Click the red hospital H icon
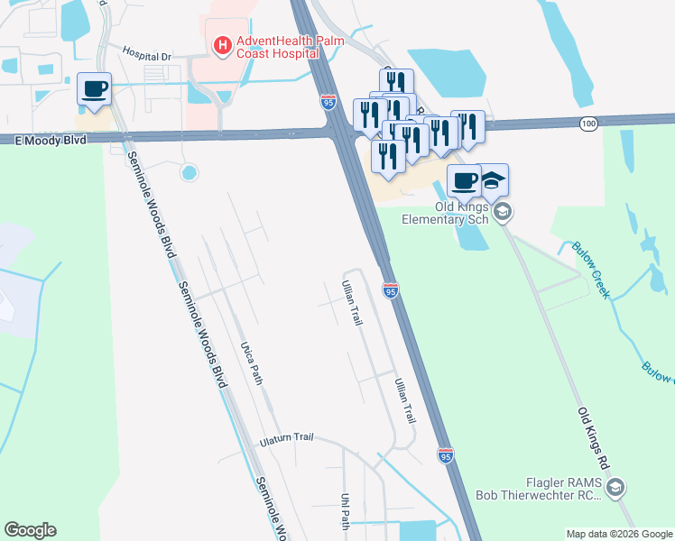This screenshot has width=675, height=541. (220, 44)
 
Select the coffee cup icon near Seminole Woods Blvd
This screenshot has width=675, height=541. (94, 88)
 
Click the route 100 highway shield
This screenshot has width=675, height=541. (588, 123)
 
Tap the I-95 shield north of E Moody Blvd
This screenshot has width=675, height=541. (328, 102)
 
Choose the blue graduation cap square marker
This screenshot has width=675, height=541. (493, 180)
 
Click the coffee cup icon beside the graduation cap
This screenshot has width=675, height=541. (464, 180)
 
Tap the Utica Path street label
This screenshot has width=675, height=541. (251, 362)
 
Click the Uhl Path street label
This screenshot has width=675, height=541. (345, 510)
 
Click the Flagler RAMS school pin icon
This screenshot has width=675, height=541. (615, 489)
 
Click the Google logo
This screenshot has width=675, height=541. (30, 530)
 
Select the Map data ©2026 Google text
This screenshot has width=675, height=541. (618, 534)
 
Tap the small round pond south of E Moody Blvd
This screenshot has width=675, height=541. (189, 172)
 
